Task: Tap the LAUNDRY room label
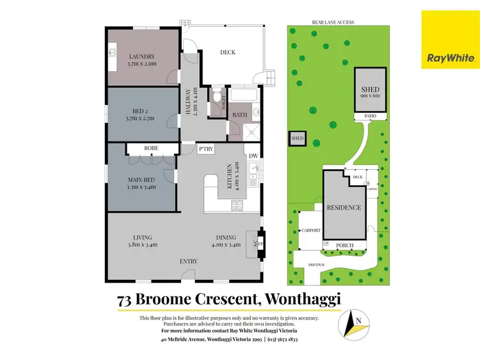pos(141,56)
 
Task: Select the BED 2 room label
pos(141,111)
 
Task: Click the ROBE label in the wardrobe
pos(151,148)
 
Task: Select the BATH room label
pos(239,115)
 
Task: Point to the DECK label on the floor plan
pos(227,53)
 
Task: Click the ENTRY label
pos(188,261)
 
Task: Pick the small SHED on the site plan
pos(297,138)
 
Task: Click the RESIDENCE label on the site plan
pos(344,208)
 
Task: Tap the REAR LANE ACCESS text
pos(333,22)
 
